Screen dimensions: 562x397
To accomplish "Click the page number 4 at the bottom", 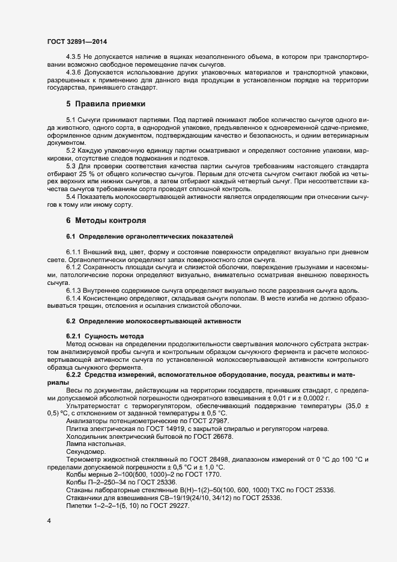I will tap(49, 519).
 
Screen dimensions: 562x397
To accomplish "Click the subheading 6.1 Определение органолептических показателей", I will tap(150, 235).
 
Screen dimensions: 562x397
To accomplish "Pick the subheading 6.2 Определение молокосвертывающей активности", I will tap(153, 321).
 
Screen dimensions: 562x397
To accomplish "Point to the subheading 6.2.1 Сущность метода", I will tap(105, 335).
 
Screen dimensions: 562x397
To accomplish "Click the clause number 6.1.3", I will tap(75, 290).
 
